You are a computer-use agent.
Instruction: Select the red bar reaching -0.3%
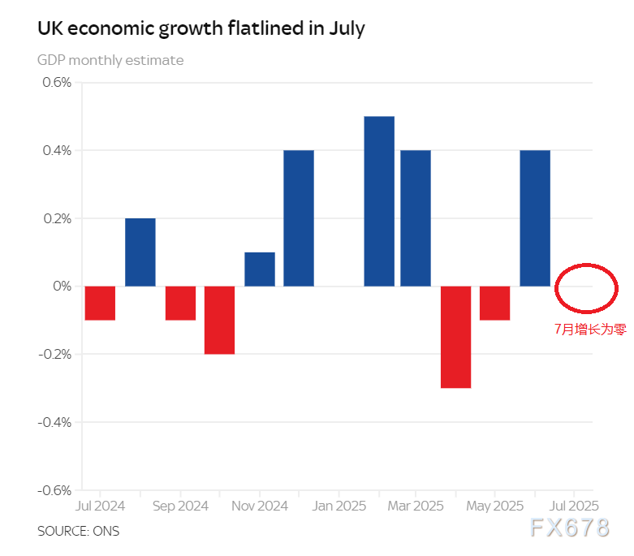point(456,337)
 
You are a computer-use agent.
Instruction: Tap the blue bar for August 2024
point(140,252)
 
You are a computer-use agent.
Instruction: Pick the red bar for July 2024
point(100,303)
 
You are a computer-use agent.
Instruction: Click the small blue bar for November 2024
point(260,269)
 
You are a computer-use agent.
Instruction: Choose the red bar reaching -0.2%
point(219,320)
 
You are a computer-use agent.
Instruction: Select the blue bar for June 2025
point(535,218)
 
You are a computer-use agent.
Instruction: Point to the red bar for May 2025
point(495,303)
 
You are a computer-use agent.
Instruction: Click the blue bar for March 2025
point(416,218)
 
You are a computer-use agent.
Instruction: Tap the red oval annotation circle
point(587,265)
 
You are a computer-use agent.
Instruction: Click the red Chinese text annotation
point(590,329)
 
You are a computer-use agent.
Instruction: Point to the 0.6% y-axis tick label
point(58,82)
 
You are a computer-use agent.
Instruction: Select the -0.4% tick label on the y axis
point(54,422)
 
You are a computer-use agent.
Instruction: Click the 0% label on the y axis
point(63,287)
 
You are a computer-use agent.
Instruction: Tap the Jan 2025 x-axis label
point(338,506)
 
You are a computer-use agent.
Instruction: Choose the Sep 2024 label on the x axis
point(180,506)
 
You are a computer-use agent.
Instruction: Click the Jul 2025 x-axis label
point(575,506)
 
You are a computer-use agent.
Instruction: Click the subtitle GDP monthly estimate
point(110,60)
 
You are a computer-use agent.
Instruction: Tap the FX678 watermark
point(569,528)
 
